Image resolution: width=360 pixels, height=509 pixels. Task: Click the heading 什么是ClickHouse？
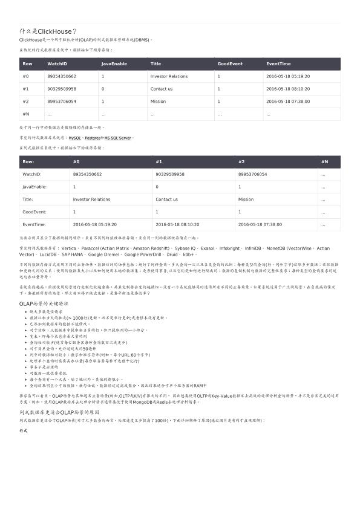pyautogui.click(x=48, y=31)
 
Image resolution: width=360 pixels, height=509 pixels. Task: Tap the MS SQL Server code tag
pyautogui.click(x=117, y=138)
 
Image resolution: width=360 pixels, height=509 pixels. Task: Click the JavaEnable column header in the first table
pyautogui.click(x=114, y=63)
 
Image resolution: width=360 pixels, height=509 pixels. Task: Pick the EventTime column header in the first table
pyautogui.click(x=278, y=63)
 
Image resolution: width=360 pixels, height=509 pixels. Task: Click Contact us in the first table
pyautogui.click(x=162, y=89)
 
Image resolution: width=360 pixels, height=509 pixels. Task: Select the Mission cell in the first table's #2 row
pyautogui.click(x=158, y=102)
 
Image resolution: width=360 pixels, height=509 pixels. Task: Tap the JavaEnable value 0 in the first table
pyautogui.click(x=103, y=89)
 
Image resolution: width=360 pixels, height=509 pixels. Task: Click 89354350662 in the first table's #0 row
pyautogui.click(x=62, y=76)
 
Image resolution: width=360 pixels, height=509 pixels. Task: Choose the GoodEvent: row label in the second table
pyautogui.click(x=34, y=212)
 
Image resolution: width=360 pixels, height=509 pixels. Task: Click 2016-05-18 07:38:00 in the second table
pyautogui.click(x=260, y=224)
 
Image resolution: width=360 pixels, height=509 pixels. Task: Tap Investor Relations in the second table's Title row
pyautogui.click(x=91, y=199)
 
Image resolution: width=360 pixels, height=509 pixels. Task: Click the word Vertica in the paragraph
pyautogui.click(x=69, y=248)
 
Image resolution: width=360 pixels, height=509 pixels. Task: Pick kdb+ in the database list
pyautogui.click(x=189, y=255)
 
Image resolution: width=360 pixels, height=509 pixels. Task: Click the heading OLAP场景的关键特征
pyautogui.click(x=44, y=303)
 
